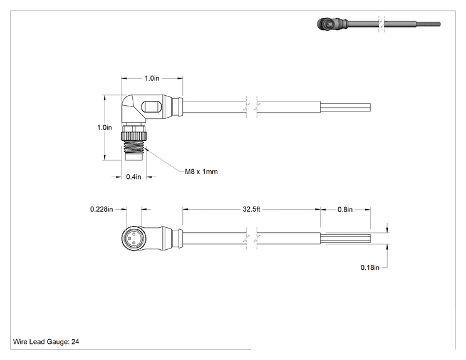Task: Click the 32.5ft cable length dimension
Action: [x=251, y=209]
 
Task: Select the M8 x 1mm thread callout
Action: [x=201, y=172]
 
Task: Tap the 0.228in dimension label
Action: [x=101, y=209]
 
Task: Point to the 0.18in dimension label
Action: [x=370, y=267]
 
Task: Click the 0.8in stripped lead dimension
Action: [x=345, y=210]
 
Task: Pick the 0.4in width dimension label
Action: [x=134, y=177]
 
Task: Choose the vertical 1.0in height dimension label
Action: [x=105, y=128]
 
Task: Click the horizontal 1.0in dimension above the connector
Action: [x=152, y=78]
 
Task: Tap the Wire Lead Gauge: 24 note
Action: [x=46, y=342]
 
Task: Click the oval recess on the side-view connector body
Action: [x=152, y=107]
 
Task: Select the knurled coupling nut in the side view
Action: [x=134, y=136]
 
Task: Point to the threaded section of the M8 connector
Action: [x=134, y=147]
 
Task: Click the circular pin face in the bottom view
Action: [x=133, y=239]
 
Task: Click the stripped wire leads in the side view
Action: [x=346, y=107]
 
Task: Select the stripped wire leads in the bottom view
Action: [x=346, y=239]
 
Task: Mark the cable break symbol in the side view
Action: [x=252, y=107]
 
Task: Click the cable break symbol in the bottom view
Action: [x=252, y=239]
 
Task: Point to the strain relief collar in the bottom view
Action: [x=178, y=239]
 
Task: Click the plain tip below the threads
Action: [x=134, y=157]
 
